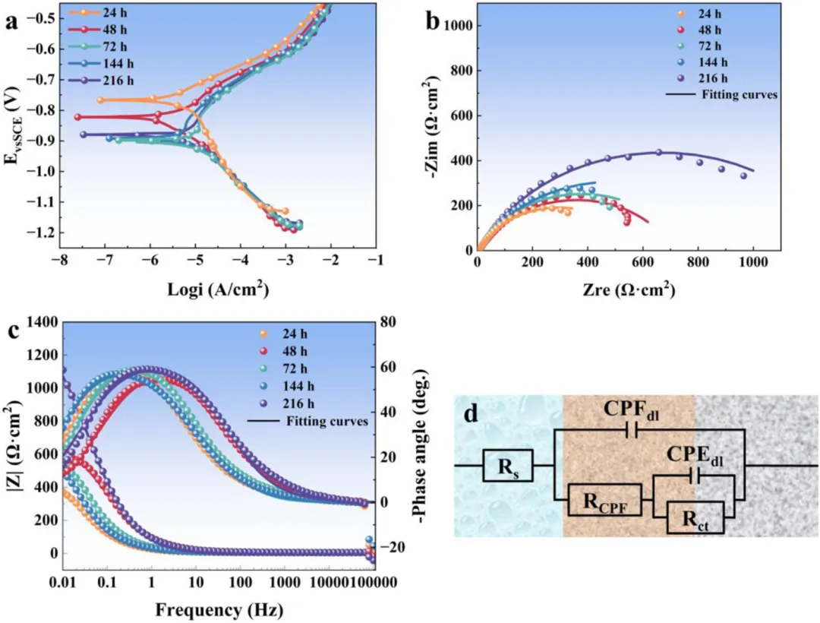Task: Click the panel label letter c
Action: coord(11,331)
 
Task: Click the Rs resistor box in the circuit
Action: coord(507,465)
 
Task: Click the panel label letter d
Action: coord(471,416)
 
